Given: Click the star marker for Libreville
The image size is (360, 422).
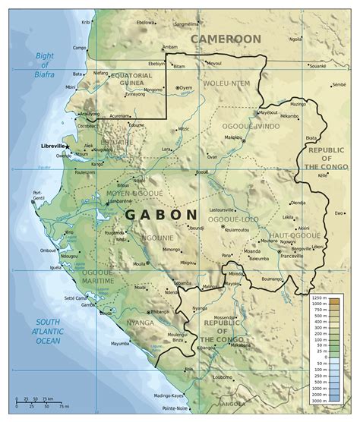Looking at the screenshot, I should [68, 146].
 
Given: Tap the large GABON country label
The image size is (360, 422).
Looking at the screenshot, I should [161, 215].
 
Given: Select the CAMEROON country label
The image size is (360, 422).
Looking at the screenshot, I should [226, 39].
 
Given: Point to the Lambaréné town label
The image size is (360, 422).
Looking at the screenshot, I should [118, 200].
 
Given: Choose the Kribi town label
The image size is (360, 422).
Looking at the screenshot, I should [86, 23].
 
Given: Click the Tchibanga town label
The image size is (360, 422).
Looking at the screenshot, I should [160, 312].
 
